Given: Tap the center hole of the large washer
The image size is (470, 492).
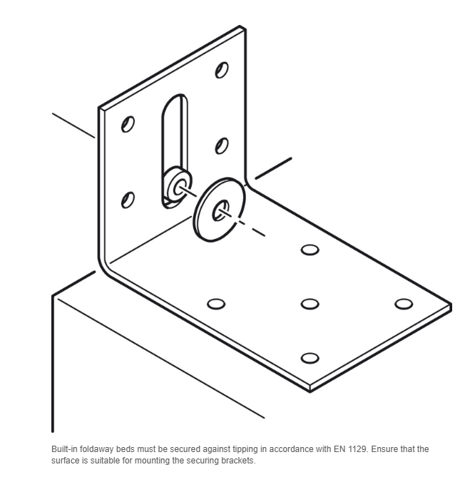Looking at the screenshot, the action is tap(220, 211).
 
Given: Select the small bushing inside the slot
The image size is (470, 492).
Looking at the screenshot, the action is tap(178, 185).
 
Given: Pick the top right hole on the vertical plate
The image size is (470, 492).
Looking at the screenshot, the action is tap(222, 70).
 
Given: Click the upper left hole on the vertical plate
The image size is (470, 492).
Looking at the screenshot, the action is tap(128, 124).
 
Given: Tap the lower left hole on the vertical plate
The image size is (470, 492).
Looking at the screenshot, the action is tap(128, 200).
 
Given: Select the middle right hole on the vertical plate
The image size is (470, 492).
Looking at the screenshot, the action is tap(222, 146).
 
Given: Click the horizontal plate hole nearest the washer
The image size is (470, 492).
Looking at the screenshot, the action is tap(310, 250).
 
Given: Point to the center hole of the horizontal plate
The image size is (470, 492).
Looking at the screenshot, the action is tap(310, 304).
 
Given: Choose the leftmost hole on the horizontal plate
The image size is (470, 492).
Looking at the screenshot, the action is tap(216, 304).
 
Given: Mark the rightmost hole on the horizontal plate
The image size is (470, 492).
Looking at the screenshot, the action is tap(404, 304).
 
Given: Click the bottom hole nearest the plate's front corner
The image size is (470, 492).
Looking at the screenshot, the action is tap(310, 358).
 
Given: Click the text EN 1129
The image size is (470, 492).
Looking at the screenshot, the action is tap(350, 449).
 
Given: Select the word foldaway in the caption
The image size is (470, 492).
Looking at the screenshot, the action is tap(96, 449).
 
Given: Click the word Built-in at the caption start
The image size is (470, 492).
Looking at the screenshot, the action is tap(64, 449).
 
